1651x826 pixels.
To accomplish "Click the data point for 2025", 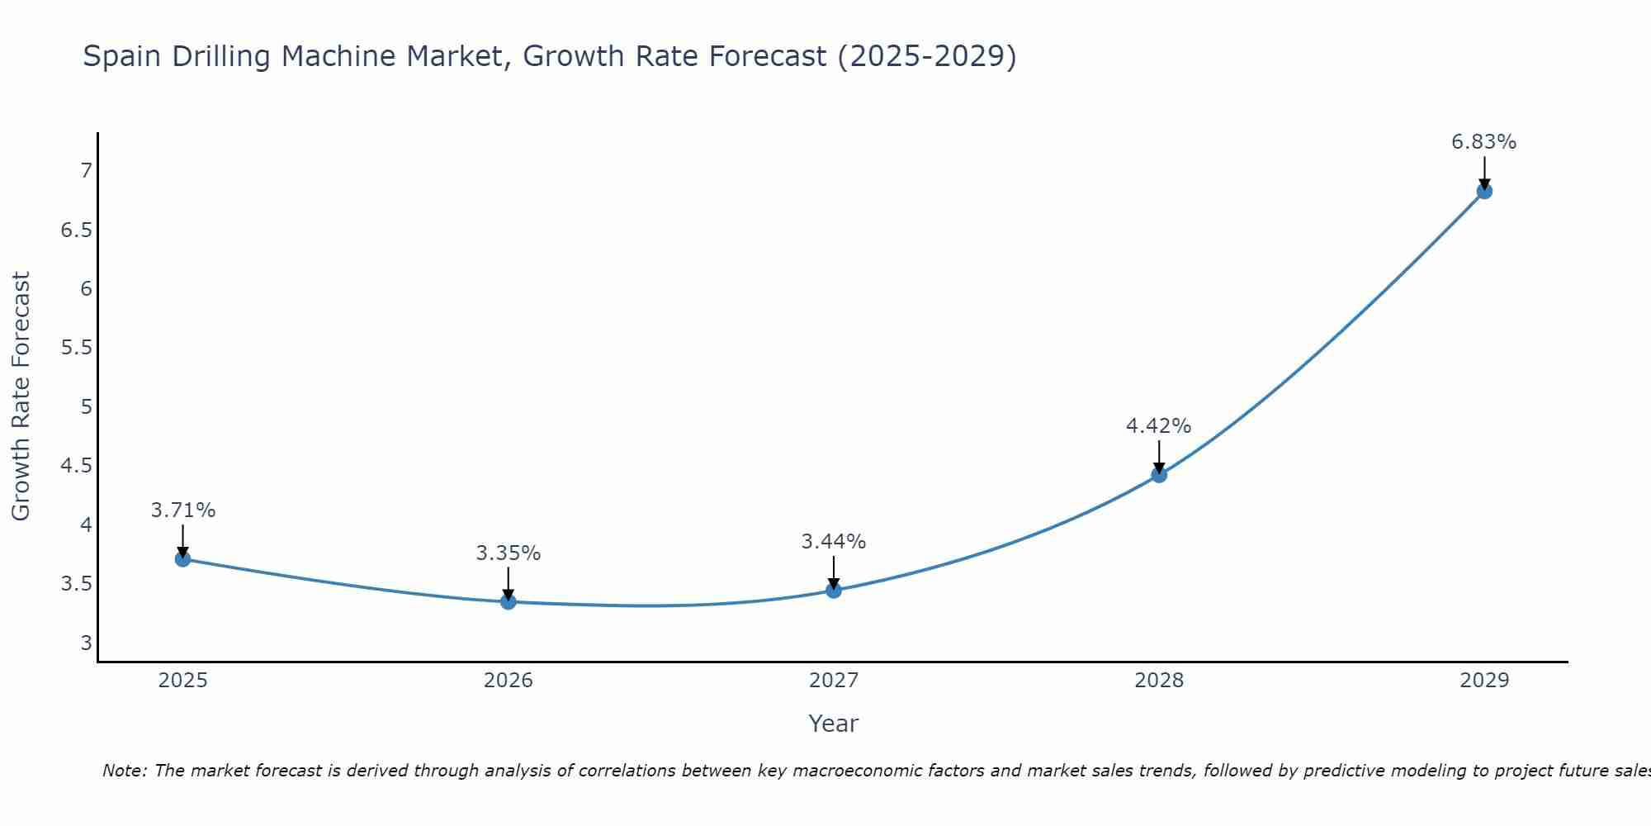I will point(183,559).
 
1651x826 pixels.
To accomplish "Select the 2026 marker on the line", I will point(509,601).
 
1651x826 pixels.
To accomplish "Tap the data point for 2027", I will point(834,591).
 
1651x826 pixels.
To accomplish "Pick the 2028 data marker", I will point(1159,475).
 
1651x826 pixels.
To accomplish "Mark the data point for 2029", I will point(1484,192).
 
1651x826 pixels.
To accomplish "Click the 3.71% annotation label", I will point(183,510).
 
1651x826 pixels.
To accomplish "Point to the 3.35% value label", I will point(509,553).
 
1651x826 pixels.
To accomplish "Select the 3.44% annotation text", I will point(834,542).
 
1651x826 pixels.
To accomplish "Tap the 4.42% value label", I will point(1159,426).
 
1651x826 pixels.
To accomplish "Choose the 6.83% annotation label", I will point(1484,142).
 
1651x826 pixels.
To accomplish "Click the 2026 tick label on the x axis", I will point(509,681).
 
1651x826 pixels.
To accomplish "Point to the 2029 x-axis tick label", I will point(1484,681).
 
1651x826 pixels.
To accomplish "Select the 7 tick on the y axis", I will point(86,171).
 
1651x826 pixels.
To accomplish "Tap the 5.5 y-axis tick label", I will point(77,348).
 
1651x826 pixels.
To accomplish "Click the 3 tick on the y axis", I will point(86,643).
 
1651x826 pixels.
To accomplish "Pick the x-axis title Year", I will point(834,724).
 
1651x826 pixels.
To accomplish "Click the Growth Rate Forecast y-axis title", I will point(21,396).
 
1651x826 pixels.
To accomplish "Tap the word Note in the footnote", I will point(124,771).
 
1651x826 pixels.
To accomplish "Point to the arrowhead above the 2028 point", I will point(1159,468).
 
